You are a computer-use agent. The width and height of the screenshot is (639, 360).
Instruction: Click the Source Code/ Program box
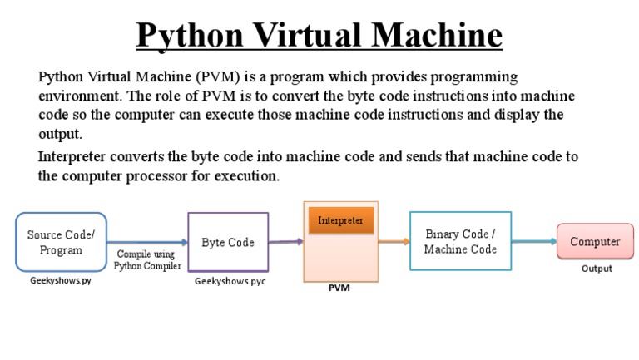tap(61, 242)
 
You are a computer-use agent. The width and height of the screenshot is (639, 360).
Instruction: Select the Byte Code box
tap(228, 242)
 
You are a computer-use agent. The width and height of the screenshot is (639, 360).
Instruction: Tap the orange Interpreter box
tap(341, 220)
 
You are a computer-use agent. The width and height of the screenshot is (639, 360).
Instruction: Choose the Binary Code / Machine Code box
tap(460, 241)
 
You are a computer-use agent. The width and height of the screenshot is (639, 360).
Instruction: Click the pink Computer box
tap(594, 242)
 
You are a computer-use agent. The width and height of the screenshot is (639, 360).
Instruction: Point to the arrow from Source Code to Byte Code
tap(146, 243)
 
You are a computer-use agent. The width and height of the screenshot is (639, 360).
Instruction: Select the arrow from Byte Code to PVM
tap(285, 242)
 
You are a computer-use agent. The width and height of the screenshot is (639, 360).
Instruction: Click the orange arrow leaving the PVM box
tap(394, 242)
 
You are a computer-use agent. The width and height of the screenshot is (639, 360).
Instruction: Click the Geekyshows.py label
tap(60, 281)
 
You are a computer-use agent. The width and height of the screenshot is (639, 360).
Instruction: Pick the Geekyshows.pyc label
tap(230, 281)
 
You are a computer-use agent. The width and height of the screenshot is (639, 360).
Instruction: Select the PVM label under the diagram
tap(339, 288)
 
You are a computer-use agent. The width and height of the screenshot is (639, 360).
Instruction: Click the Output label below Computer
tap(597, 269)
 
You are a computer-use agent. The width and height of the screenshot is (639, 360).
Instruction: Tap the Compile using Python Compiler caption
tap(146, 259)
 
